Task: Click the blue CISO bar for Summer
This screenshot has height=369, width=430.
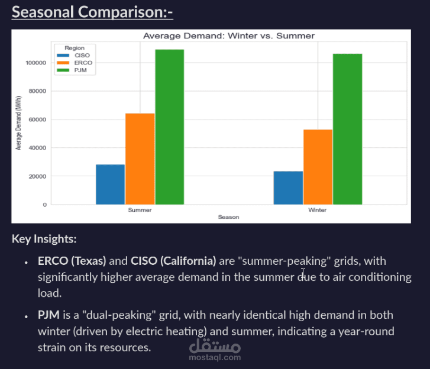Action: (x=110, y=184)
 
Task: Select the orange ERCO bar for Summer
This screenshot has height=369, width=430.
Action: (x=140, y=158)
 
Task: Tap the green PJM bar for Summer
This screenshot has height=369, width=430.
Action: (x=170, y=127)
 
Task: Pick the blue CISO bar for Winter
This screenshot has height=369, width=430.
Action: (x=288, y=187)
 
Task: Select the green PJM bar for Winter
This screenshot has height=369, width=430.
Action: (x=347, y=129)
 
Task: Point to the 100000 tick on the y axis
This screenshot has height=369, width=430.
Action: (x=36, y=63)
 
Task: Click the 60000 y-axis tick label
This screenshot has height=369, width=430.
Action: (x=37, y=119)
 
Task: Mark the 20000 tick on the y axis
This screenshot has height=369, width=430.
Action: (x=37, y=176)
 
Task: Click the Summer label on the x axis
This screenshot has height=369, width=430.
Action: (x=140, y=210)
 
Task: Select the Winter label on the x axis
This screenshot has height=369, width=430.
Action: (x=318, y=210)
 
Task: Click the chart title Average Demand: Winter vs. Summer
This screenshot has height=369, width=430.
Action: (x=229, y=36)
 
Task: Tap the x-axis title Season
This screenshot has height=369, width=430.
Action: (x=228, y=218)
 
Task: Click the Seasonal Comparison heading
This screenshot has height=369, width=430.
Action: (x=92, y=12)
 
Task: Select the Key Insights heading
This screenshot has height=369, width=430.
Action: (x=44, y=239)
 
